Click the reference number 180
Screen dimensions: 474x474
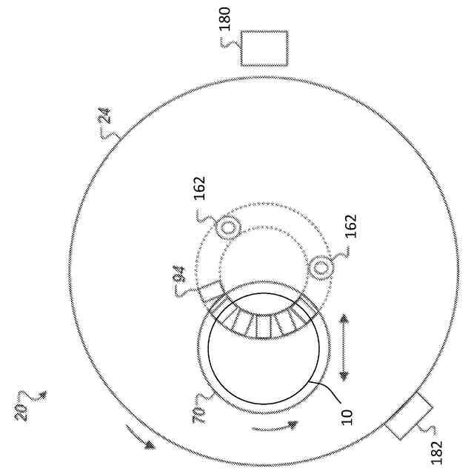pyautogui.click(x=225, y=19)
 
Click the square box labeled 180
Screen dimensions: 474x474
pyautogui.click(x=264, y=48)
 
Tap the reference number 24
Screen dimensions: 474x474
pyautogui.click(x=105, y=116)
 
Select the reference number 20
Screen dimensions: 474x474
pyautogui.click(x=21, y=412)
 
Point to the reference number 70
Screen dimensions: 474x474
pyautogui.click(x=199, y=415)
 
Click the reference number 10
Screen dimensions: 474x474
pyautogui.click(x=347, y=418)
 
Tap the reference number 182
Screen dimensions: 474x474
pyautogui.click(x=436, y=453)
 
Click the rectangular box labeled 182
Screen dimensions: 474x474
pyautogui.click(x=409, y=416)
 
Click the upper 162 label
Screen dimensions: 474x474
pyautogui.click(x=199, y=187)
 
